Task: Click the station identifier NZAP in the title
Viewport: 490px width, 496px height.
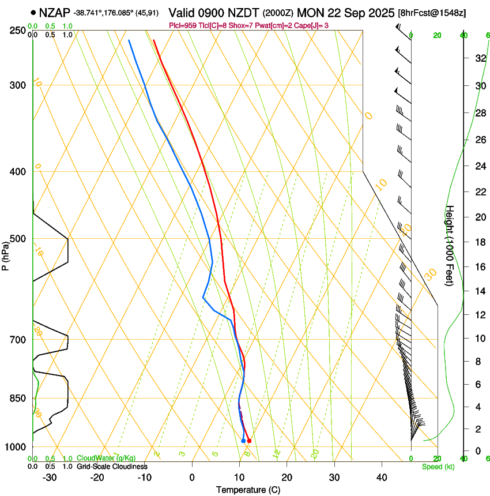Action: (54, 12)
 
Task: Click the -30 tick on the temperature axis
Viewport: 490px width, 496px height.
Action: (50, 478)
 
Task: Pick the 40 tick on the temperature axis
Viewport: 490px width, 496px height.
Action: (382, 478)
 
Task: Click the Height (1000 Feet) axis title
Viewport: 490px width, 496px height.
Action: (450, 245)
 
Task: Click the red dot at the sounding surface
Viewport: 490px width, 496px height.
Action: (249, 441)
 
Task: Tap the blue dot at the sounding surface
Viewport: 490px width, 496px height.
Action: (243, 441)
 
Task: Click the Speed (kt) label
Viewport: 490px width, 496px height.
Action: (438, 467)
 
